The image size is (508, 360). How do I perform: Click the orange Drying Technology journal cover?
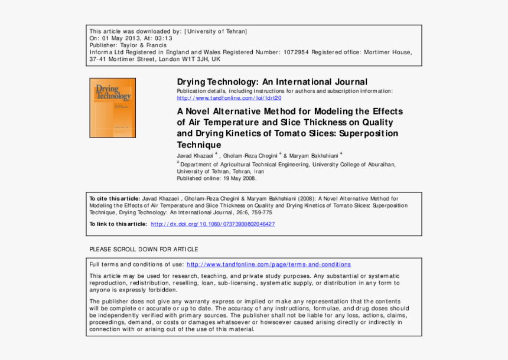[112, 108]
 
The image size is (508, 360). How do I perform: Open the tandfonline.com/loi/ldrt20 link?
[225, 98]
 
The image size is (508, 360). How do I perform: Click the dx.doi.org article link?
[213, 224]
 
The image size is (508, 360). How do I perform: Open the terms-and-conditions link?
[268, 264]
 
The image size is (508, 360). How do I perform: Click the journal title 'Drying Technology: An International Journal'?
[272, 82]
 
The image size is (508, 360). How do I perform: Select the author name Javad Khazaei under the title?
[195, 155]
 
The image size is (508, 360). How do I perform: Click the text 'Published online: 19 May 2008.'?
[217, 178]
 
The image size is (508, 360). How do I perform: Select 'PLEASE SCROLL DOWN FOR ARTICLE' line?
[144, 249]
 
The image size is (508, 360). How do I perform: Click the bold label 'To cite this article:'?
[115, 199]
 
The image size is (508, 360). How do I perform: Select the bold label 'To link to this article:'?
[118, 224]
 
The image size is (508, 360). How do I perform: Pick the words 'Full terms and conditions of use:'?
[136, 264]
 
